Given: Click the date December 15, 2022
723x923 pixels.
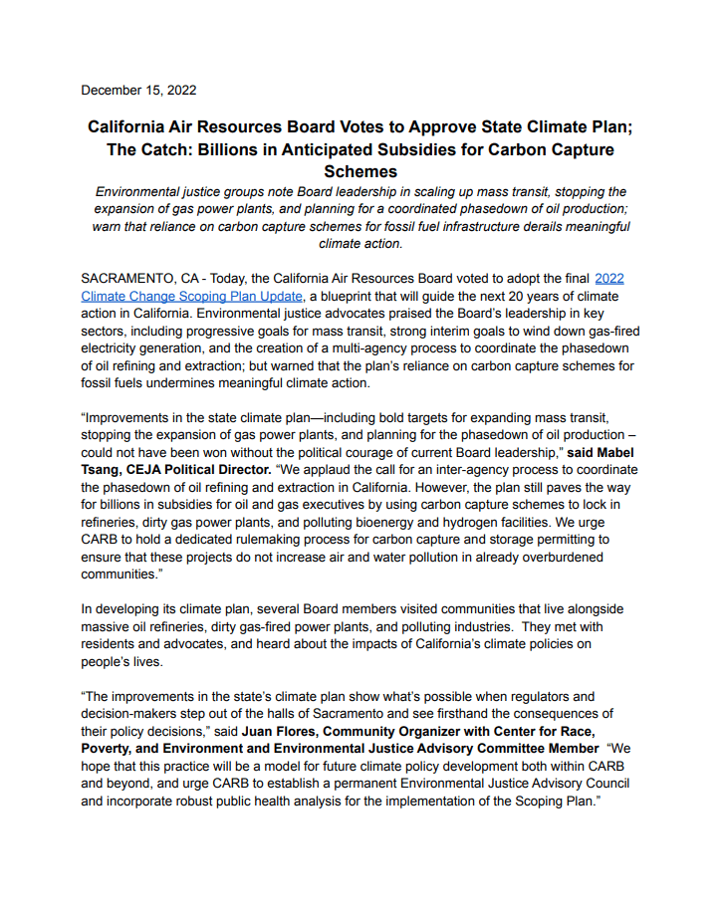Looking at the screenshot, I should tap(138, 90).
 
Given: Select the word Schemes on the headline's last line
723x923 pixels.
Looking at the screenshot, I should tap(361, 172).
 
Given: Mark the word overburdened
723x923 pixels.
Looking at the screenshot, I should tap(573, 558).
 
